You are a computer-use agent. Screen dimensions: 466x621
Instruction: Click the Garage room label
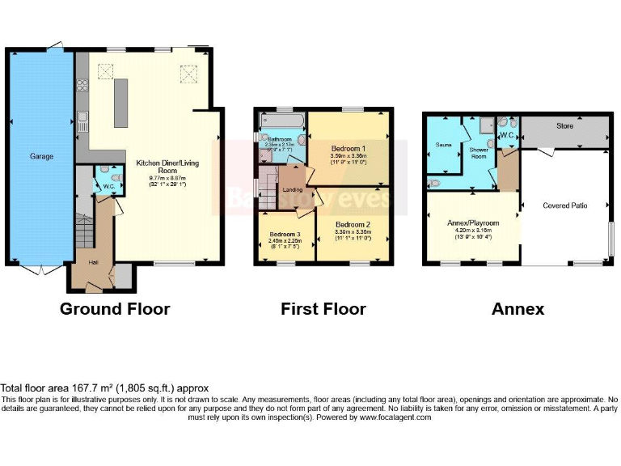[42, 156]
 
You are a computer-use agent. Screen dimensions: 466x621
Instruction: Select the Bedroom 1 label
[348, 149]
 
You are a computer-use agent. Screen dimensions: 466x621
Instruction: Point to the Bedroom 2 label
[353, 224]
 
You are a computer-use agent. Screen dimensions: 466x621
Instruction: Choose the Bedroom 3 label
[285, 234]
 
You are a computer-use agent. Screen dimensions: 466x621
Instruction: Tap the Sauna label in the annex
[443, 145]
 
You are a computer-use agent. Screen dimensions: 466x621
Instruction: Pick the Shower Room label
[479, 153]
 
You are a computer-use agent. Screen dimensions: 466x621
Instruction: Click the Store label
[564, 126]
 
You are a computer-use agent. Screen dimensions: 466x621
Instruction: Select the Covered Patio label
[565, 205]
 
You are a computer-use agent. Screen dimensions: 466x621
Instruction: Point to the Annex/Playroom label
[474, 222]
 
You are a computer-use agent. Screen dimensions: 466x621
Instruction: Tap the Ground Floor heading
[115, 309]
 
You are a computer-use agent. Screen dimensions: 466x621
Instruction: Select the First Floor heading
[323, 309]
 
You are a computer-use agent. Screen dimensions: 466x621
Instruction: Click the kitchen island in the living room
[121, 102]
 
